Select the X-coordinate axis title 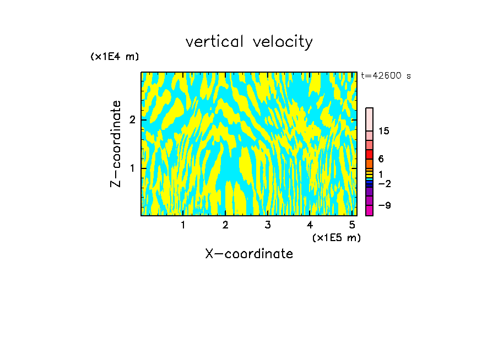[x=249, y=254]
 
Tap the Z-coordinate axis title [x=116, y=144]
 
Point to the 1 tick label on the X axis [x=183, y=225]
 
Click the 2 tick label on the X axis [x=225, y=225]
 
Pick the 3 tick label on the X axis [x=268, y=225]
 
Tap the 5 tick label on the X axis [x=352, y=225]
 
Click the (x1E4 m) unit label [x=115, y=57]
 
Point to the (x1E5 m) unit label [x=337, y=237]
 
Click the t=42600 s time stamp [x=386, y=76]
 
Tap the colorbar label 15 [x=384, y=131]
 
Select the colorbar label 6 [x=381, y=159]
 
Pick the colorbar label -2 [x=384, y=183]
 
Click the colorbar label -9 [x=384, y=205]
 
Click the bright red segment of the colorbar [x=370, y=155]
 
